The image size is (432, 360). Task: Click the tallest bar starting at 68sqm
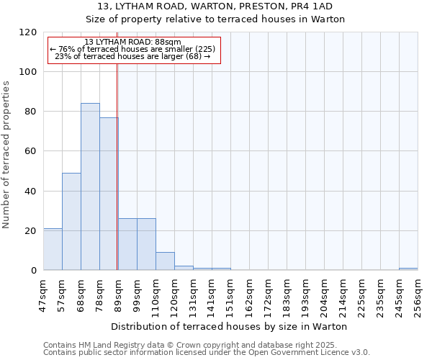tap(90, 187)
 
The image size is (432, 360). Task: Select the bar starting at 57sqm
tap(71, 222)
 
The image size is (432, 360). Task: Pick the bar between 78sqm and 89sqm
tap(109, 194)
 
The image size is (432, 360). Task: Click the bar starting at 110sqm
tap(165, 261)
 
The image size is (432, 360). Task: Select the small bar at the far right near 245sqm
tap(408, 269)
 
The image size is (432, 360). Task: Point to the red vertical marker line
tap(117, 166)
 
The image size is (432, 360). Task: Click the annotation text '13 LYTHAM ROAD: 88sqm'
tap(132, 42)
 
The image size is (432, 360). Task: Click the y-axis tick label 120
tap(28, 32)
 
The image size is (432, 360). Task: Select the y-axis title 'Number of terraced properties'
tap(6, 155)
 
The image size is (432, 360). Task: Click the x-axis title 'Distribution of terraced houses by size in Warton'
tap(230, 326)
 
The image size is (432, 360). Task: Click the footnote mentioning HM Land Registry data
tap(205, 345)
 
